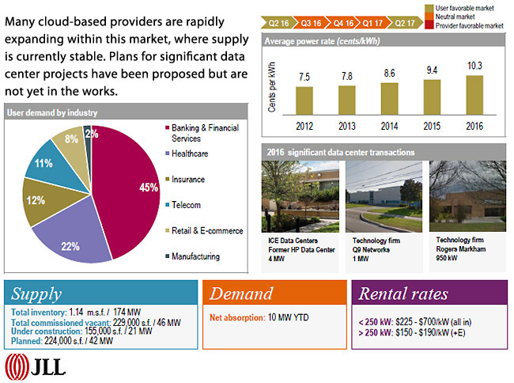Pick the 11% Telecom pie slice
(43, 165)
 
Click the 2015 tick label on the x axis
(433, 125)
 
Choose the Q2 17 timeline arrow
(406, 24)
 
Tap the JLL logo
(36, 366)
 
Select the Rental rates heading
(406, 294)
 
